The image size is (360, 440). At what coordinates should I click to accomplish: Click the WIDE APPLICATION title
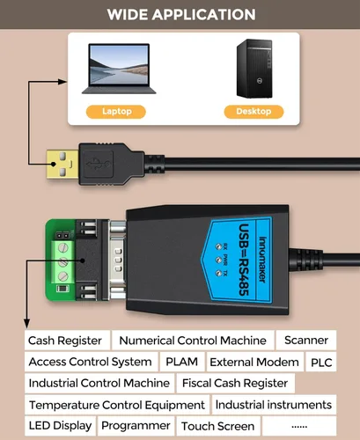coord(180,14)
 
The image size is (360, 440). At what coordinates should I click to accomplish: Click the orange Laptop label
coord(116,112)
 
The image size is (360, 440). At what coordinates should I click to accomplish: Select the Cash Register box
coord(65,341)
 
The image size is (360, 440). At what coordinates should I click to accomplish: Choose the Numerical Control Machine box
coord(192,341)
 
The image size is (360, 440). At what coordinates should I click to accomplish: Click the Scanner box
coord(305,341)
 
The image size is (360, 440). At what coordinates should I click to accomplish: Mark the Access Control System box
coord(90,362)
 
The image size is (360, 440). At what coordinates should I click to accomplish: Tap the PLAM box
coord(181,362)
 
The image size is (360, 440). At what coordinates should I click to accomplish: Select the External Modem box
coord(253,362)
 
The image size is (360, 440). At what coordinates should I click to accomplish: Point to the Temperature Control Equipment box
coord(116,405)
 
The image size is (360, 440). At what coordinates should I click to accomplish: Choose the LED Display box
coord(60,426)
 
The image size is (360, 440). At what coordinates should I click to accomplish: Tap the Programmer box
coord(136,426)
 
